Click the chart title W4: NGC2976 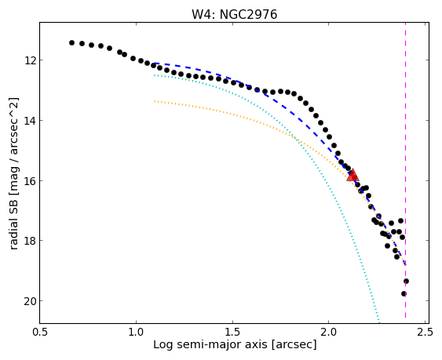[234, 14]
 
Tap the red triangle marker [353, 175]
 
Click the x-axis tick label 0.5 [41, 332]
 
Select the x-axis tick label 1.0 [137, 332]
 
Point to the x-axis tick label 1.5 [233, 332]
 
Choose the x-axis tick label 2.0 [329, 332]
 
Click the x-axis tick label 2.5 [425, 332]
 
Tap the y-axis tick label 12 [29, 60]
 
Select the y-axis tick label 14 [29, 121]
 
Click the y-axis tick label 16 [29, 180]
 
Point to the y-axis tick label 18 [29, 241]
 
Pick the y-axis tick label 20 [29, 301]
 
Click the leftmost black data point [71, 42]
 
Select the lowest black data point [404, 294]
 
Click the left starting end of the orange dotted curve [155, 101]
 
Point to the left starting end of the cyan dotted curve [155, 75]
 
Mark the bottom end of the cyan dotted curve [379, 323]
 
